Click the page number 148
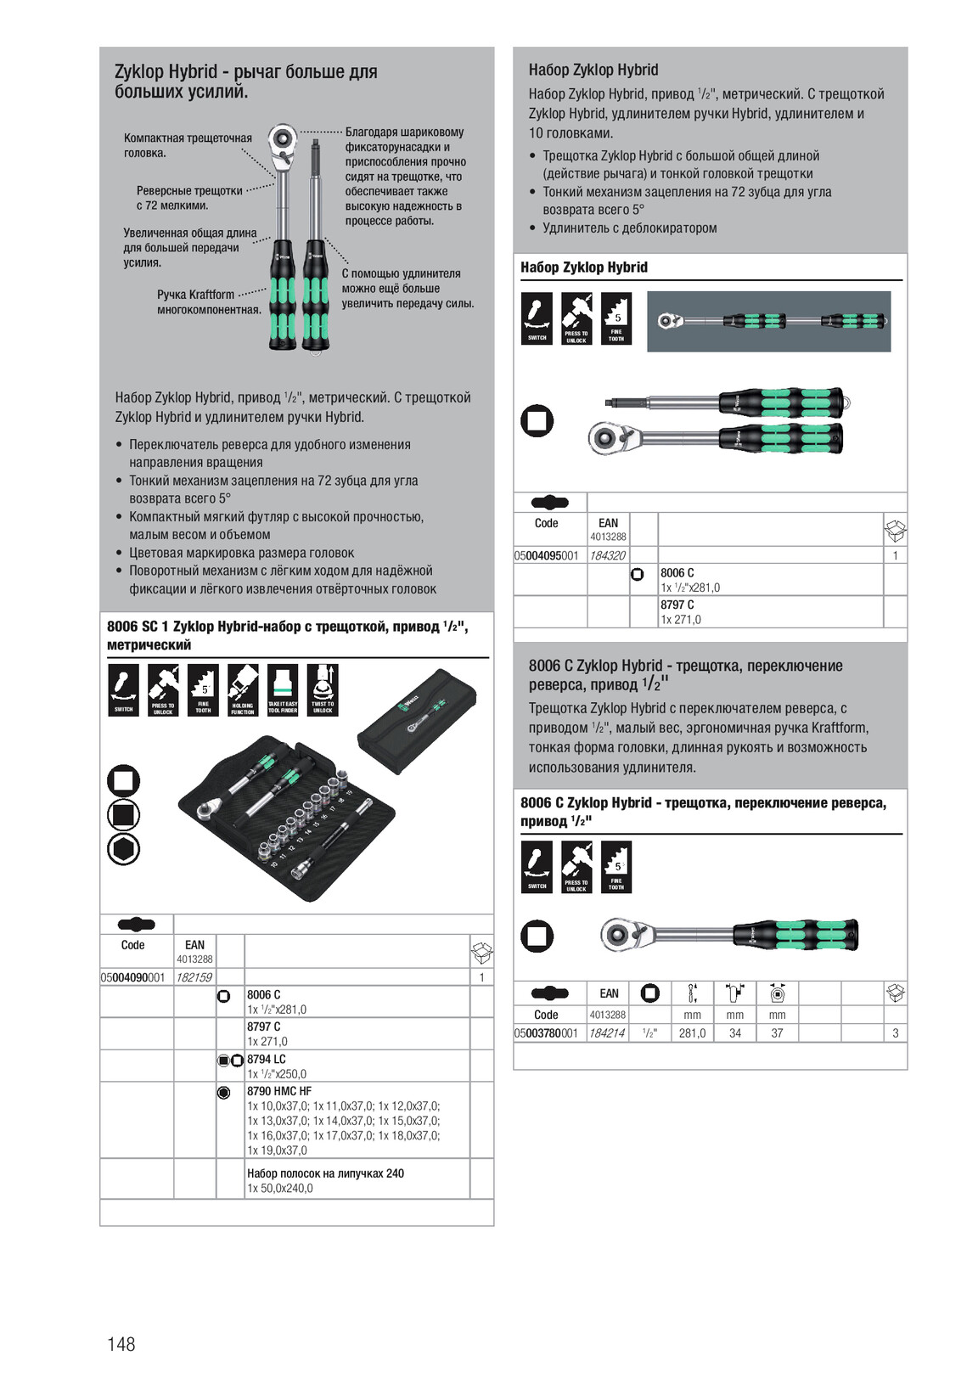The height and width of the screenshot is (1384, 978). pyautogui.click(x=121, y=1343)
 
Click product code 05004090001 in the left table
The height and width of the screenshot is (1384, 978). pyautogui.click(x=133, y=977)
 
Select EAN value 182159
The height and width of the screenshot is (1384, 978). pyautogui.click(x=194, y=977)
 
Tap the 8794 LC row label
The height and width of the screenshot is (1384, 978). pyautogui.click(x=267, y=1059)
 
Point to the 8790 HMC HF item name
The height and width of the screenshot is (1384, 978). pyautogui.click(x=279, y=1091)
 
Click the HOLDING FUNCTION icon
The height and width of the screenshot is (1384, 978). pyautogui.click(x=243, y=689)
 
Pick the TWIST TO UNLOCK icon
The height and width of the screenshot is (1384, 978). pyautogui.click(x=323, y=689)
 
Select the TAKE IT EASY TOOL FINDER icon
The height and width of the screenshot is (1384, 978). pyautogui.click(x=283, y=689)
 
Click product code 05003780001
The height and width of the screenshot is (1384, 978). pyautogui.click(x=546, y=1033)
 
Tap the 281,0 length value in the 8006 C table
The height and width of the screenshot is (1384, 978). pyautogui.click(x=692, y=1033)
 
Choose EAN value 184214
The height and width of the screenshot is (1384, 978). pyautogui.click(x=607, y=1033)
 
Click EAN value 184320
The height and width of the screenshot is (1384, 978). pyautogui.click(x=607, y=555)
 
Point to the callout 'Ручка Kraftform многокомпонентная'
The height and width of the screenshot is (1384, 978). pyautogui.click(x=209, y=301)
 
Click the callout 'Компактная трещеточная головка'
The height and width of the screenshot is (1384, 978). pyautogui.click(x=188, y=145)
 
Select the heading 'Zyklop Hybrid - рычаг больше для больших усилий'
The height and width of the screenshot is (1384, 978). pyautogui.click(x=246, y=82)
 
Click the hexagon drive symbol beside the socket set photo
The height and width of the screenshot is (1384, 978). pyautogui.click(x=123, y=849)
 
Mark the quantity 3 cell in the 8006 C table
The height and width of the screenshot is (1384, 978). pyautogui.click(x=896, y=1033)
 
